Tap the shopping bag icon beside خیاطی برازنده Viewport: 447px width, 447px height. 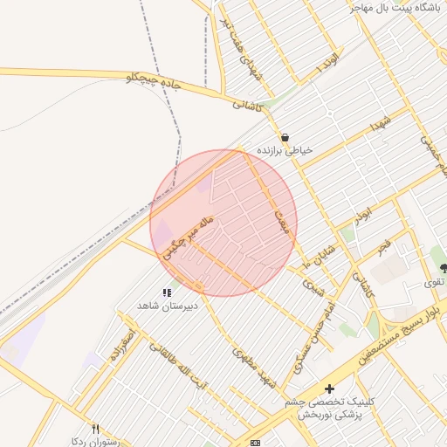285,138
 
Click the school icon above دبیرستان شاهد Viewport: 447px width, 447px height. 167,292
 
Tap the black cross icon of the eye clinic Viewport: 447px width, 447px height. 328,389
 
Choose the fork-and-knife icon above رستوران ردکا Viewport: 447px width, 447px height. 96,429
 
